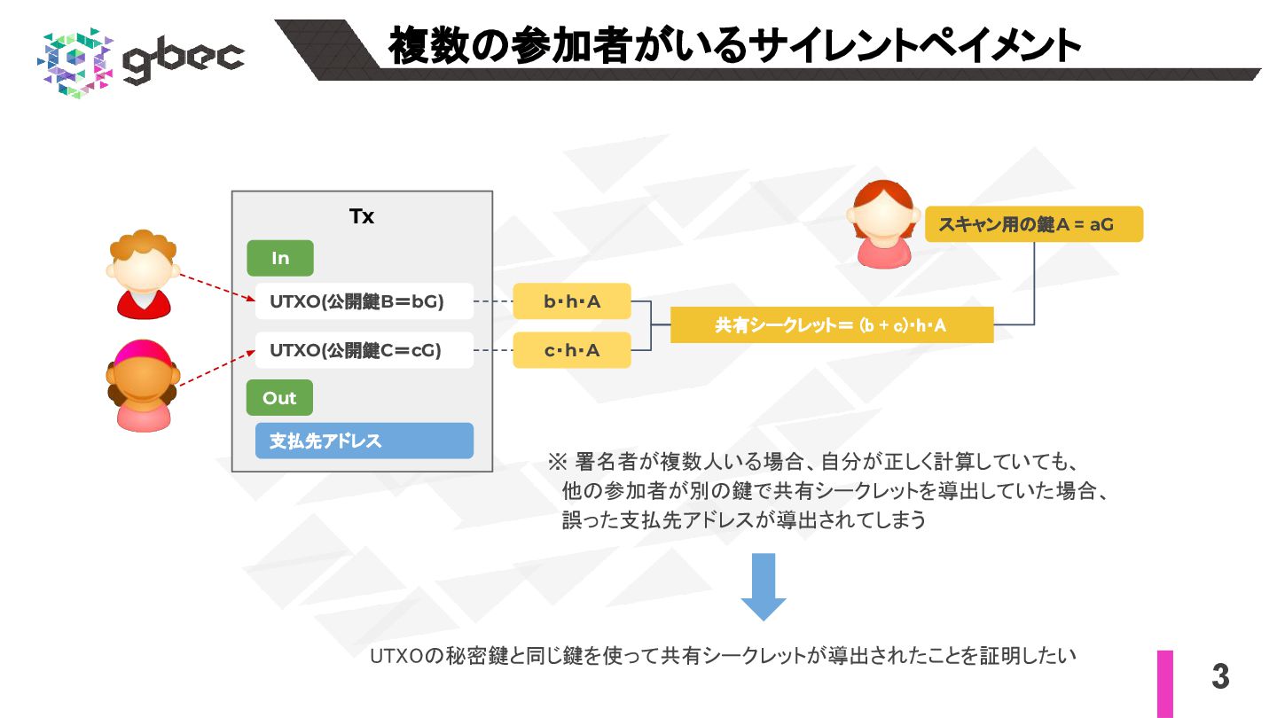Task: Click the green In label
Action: (280, 258)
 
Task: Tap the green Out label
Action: (279, 398)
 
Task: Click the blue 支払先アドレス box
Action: (364, 441)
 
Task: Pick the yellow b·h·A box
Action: (572, 302)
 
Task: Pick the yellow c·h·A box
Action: (572, 350)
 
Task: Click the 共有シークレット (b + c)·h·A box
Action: (831, 325)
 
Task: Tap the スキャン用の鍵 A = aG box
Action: (1034, 224)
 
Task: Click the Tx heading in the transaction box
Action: (362, 216)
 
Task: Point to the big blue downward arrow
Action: (764, 586)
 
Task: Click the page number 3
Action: (1221, 677)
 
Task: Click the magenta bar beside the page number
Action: (1164, 683)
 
